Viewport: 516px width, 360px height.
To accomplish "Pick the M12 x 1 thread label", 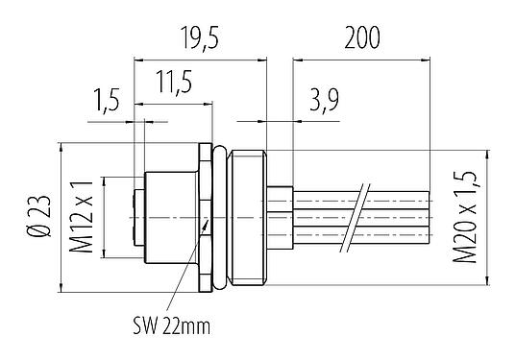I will point(82,217).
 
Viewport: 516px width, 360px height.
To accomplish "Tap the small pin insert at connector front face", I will point(135,217).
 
